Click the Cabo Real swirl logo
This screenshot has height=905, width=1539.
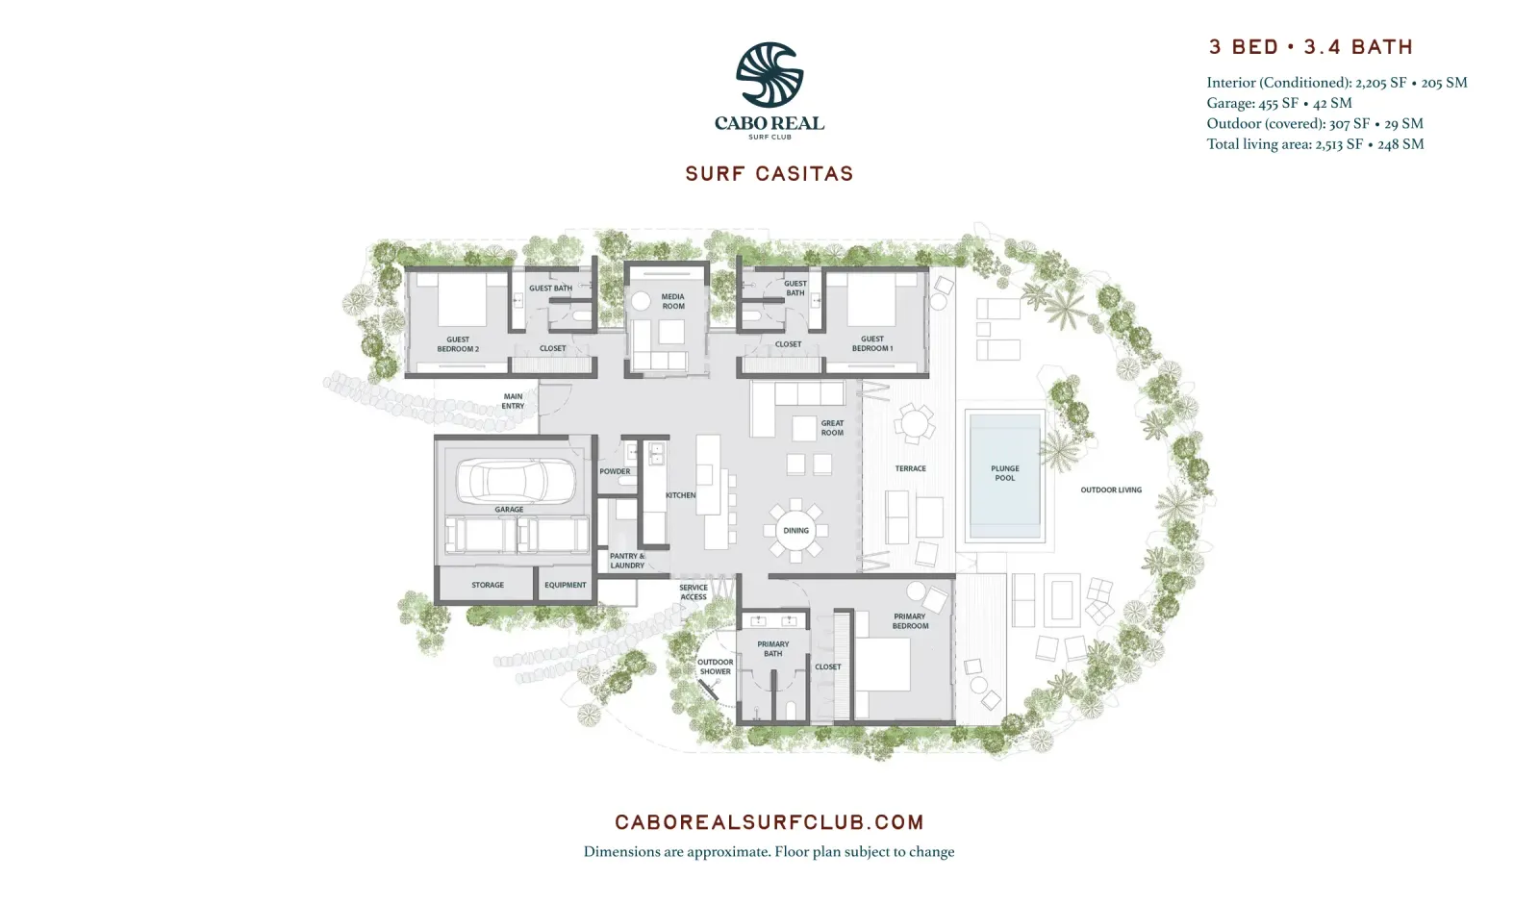769,75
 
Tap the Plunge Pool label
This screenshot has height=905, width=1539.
1004,473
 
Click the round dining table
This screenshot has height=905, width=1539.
795,531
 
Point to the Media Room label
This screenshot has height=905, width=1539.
672,301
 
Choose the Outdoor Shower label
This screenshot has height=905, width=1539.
716,666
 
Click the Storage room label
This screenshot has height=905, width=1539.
488,585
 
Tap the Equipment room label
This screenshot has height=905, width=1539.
565,585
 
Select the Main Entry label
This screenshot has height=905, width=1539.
513,401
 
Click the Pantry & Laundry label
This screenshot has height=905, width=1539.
627,561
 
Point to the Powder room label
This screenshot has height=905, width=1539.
615,471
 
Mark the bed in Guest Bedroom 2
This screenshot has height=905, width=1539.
462,300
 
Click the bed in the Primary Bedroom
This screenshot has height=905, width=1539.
882,665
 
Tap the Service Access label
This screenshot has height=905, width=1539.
694,592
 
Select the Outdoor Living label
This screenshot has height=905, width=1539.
1111,490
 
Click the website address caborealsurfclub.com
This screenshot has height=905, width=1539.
769,822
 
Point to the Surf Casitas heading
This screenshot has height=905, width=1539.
769,174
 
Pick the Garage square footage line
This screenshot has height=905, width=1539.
1279,103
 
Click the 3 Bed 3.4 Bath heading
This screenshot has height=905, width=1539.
1311,47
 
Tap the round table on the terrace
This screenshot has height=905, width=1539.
915,422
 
